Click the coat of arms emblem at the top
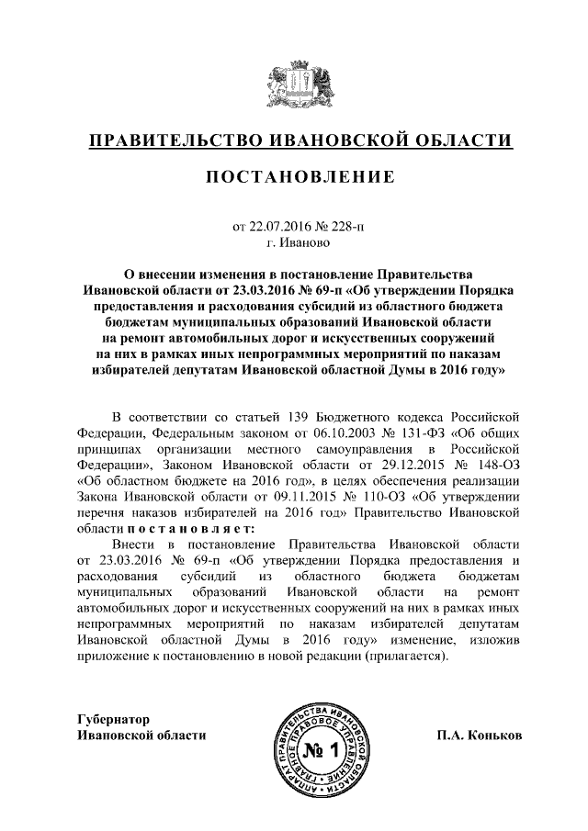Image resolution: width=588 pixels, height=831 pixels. pyautogui.click(x=293, y=84)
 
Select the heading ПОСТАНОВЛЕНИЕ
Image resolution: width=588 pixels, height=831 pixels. pyautogui.click(x=293, y=177)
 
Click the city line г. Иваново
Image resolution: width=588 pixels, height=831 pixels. pyautogui.click(x=293, y=243)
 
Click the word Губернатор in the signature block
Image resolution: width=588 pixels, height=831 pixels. pyautogui.click(x=114, y=719)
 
